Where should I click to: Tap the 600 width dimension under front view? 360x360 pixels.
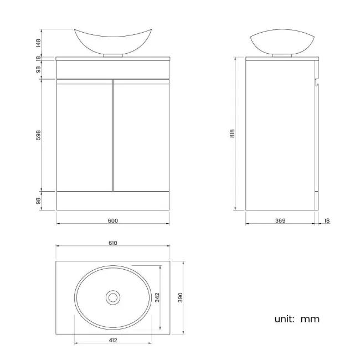pos(113,220)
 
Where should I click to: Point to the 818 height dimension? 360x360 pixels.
pos(233,133)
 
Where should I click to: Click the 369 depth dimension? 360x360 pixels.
pos(280,220)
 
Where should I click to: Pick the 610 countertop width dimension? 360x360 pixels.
pos(113,243)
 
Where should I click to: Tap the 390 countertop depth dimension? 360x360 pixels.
pos(179,297)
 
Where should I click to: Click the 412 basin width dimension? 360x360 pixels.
pos(113,340)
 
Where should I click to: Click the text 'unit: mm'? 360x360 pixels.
pos(297,319)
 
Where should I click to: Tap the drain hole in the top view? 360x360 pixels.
pos(113,297)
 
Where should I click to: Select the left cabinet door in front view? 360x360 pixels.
pos(85,136)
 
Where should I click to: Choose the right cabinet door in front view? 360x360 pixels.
pos(141,136)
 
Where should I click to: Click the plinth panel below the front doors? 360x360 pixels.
pos(113,201)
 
